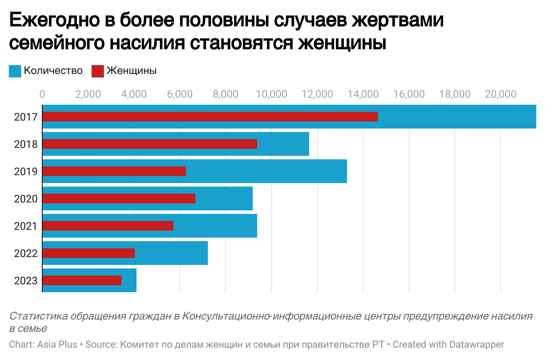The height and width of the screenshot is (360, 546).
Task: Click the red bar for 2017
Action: tap(210, 117)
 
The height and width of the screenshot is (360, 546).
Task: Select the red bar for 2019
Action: tap(114, 171)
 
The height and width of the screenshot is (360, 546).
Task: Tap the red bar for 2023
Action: tap(82, 280)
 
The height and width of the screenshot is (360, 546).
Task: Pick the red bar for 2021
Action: tap(108, 226)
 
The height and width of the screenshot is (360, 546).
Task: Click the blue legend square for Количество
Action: tap(15, 71)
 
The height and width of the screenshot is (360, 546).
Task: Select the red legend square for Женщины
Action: tap(98, 71)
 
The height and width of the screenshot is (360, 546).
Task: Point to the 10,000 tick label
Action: tap(271, 94)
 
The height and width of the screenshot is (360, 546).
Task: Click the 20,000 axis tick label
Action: tap(500, 94)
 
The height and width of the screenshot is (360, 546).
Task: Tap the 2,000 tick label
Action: tap(88, 94)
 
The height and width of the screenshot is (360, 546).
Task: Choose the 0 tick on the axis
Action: tap(42, 94)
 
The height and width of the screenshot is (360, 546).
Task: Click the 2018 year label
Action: tap(26, 144)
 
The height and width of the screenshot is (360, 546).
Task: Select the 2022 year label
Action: tap(26, 253)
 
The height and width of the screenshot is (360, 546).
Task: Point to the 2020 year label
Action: tap(26, 199)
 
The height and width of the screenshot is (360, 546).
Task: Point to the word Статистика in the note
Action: tap(38, 316)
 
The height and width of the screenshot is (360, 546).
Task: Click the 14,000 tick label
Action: tap(363, 94)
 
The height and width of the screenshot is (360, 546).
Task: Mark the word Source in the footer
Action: tap(100, 344)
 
